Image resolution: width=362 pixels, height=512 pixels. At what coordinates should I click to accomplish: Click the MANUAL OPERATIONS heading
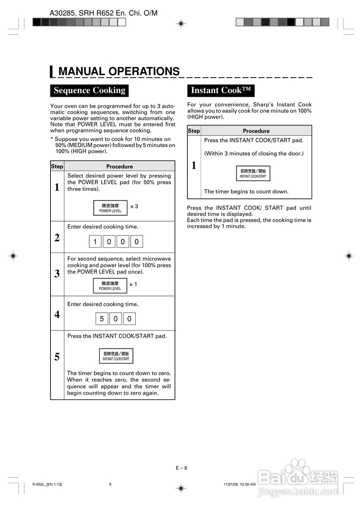click(119, 71)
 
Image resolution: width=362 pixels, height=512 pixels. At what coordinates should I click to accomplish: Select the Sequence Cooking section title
click(89, 90)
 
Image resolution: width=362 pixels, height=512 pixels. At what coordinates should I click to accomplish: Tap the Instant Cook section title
click(221, 90)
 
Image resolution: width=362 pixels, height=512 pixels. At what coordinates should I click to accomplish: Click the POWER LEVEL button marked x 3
click(110, 208)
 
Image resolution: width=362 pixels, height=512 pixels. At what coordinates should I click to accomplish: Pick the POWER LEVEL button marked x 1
click(110, 286)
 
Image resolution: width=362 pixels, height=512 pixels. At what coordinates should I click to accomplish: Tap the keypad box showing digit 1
click(95, 242)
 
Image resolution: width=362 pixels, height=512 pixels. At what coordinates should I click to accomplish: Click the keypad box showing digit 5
click(102, 319)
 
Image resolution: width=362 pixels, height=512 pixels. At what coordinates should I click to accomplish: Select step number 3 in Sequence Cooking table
click(57, 274)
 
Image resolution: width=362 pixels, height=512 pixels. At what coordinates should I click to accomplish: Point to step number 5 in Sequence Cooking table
click(57, 357)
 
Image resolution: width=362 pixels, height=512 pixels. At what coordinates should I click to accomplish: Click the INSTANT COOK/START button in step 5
click(116, 356)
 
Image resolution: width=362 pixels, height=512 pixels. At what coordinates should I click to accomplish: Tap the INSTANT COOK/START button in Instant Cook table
click(253, 173)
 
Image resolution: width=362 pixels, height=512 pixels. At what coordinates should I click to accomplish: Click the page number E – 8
click(181, 468)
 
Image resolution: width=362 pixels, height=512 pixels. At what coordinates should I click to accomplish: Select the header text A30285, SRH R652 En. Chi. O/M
click(104, 13)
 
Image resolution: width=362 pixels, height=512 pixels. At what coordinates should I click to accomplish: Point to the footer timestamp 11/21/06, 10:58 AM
click(239, 484)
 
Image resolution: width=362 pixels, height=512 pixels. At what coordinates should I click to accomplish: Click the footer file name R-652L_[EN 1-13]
click(47, 484)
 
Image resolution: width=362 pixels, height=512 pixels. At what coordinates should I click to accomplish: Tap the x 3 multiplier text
click(134, 206)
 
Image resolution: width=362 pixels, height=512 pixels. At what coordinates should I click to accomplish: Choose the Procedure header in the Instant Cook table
click(256, 131)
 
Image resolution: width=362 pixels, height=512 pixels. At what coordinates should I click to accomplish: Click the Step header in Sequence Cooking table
click(57, 166)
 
